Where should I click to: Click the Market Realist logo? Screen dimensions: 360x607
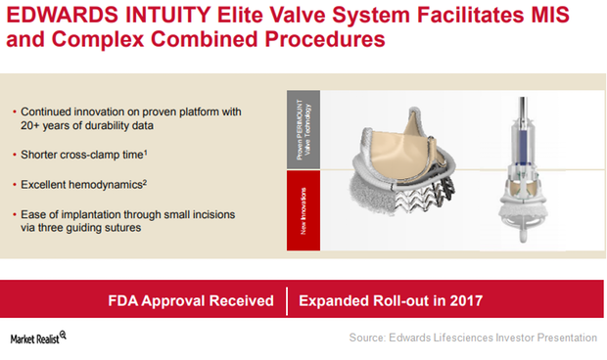(37, 337)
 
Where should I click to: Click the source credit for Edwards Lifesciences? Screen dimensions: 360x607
(473, 337)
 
